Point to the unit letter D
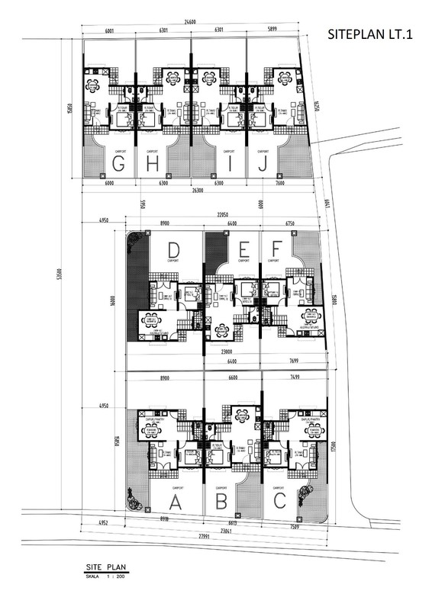(x=174, y=250)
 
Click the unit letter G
(x=118, y=163)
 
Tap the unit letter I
(x=229, y=163)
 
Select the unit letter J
(x=263, y=163)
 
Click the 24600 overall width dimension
(x=191, y=22)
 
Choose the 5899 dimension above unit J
(x=272, y=31)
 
